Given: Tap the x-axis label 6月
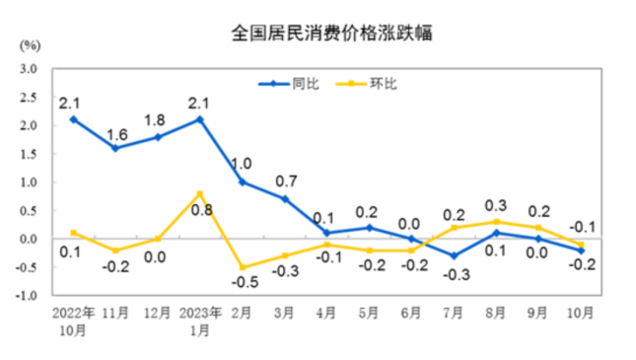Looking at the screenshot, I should click(x=412, y=315).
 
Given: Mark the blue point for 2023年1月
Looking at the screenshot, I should click(x=200, y=119).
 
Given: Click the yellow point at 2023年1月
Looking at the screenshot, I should click(x=200, y=193).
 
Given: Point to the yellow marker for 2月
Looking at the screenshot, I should click(x=243, y=267).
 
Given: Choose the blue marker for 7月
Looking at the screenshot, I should click(x=455, y=255).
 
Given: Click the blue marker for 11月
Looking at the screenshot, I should click(x=115, y=148).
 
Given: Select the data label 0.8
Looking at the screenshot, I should click(x=200, y=210).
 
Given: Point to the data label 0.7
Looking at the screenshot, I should click(x=285, y=181).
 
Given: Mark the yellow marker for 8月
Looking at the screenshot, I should click(x=497, y=222).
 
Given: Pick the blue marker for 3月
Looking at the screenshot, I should click(x=285, y=199).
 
